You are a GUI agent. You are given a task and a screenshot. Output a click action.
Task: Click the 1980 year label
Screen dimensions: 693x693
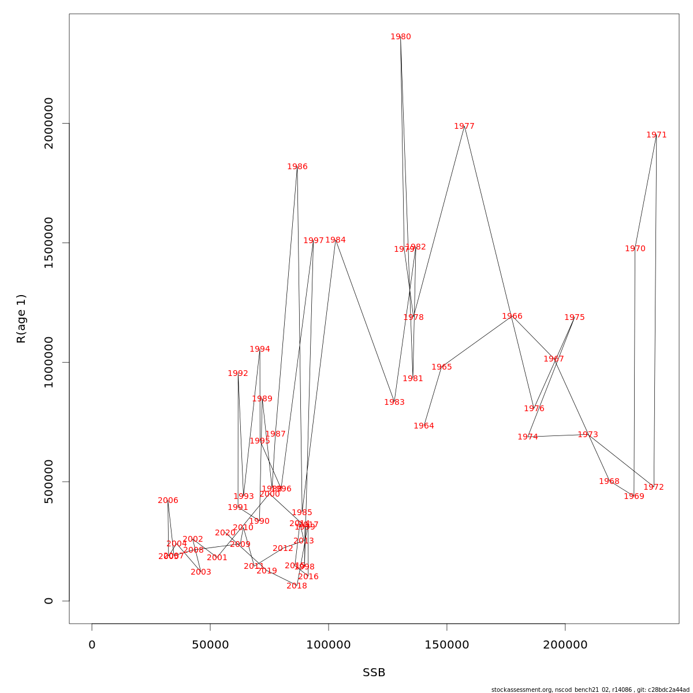click(x=401, y=37)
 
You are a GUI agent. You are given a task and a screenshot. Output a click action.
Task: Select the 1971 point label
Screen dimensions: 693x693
click(x=657, y=135)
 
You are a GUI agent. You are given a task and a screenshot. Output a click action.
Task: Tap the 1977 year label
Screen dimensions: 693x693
click(x=464, y=126)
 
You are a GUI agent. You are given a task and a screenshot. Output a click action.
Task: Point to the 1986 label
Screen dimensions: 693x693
click(x=297, y=167)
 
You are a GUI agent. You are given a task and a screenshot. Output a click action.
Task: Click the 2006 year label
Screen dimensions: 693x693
click(x=168, y=501)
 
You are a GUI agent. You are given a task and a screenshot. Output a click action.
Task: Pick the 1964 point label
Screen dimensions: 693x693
click(x=424, y=426)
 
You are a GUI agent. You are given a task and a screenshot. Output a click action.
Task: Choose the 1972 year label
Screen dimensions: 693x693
click(x=654, y=487)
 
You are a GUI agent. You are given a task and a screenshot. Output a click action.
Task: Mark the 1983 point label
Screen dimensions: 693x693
click(x=394, y=403)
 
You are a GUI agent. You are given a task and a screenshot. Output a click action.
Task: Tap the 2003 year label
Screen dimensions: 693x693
click(x=201, y=572)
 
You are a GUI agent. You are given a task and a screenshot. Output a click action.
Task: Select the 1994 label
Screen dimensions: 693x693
click(x=260, y=349)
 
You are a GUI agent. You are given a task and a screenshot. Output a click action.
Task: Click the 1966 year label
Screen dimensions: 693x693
click(x=512, y=316)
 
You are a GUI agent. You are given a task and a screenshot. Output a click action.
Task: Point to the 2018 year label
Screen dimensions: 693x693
click(x=297, y=586)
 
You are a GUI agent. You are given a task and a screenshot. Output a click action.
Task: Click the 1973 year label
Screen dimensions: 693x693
click(x=588, y=435)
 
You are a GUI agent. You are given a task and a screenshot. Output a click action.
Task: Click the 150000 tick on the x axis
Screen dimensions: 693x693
click(x=447, y=645)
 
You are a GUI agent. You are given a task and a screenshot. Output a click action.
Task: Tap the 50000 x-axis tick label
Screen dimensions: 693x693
click(x=210, y=645)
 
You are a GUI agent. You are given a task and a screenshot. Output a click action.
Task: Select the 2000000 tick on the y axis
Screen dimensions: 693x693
click(x=49, y=123)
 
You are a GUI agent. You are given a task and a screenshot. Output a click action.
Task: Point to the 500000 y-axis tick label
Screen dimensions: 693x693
click(x=49, y=482)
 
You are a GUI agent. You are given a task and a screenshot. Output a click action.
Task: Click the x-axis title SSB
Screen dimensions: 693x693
click(x=374, y=673)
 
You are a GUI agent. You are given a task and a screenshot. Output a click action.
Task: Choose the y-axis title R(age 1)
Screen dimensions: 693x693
click(x=21, y=319)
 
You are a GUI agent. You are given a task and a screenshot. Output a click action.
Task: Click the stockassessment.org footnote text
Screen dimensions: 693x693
click(x=590, y=690)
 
